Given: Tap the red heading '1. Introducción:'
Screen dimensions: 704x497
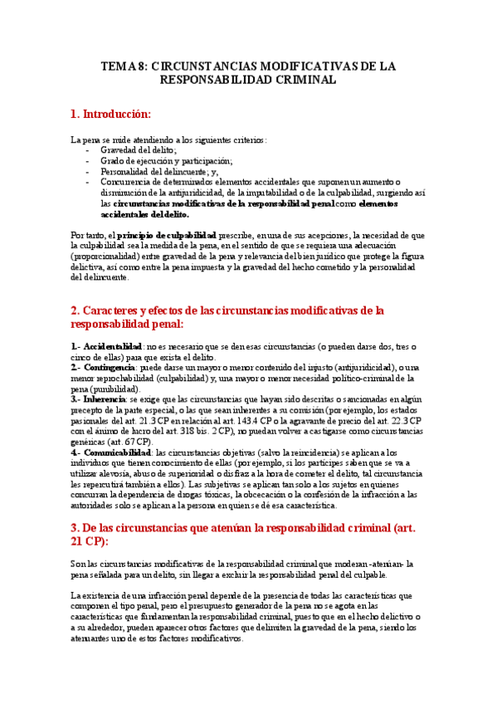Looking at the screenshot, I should pos(110,114).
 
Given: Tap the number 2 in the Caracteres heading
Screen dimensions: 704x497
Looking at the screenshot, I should pos(74,310).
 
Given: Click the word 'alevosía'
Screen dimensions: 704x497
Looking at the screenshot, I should pos(105,473).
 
